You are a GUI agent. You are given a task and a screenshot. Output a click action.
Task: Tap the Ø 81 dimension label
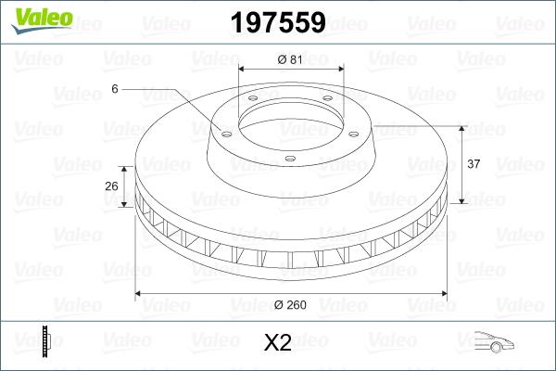(291, 60)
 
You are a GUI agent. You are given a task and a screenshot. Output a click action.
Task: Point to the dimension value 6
(115, 89)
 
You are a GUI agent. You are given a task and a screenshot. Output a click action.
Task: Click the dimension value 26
(111, 186)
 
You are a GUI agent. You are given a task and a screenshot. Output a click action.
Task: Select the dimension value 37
(474, 164)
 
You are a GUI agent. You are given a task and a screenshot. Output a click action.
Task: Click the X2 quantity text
(278, 343)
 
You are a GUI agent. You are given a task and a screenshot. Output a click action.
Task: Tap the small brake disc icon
(45, 342)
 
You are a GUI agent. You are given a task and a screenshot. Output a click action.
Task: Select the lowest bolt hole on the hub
(290, 159)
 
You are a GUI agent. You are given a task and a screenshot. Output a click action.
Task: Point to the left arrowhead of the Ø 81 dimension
(243, 70)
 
